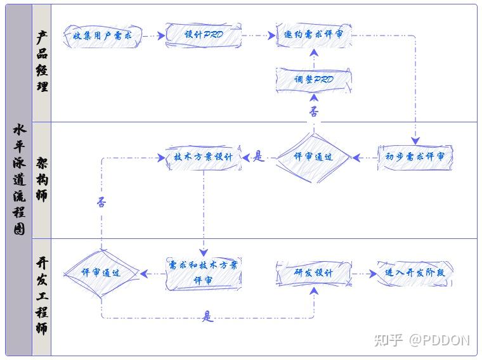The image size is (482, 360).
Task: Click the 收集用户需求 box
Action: tap(102, 36)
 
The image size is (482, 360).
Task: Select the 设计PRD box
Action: tap(204, 35)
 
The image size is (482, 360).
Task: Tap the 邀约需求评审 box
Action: tap(314, 35)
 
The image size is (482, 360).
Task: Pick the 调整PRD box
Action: tap(314, 80)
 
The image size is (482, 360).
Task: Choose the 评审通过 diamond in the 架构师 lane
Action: tap(313, 157)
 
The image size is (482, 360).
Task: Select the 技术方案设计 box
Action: tap(204, 157)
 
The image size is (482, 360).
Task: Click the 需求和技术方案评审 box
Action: tap(204, 273)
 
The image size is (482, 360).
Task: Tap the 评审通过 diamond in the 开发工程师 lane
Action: tap(101, 273)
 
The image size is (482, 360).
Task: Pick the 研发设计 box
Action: tap(314, 273)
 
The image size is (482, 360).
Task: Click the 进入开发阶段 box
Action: tap(415, 273)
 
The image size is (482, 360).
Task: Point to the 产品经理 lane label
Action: tap(42, 62)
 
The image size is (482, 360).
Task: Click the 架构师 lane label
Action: tap(42, 179)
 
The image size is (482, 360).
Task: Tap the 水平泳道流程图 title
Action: tap(19, 179)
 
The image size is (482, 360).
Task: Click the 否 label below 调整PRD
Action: tap(314, 112)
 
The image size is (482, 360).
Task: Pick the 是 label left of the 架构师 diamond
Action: tap(258, 156)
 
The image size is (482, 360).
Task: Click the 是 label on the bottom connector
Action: tap(208, 316)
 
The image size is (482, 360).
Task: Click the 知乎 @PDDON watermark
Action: tap(422, 340)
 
